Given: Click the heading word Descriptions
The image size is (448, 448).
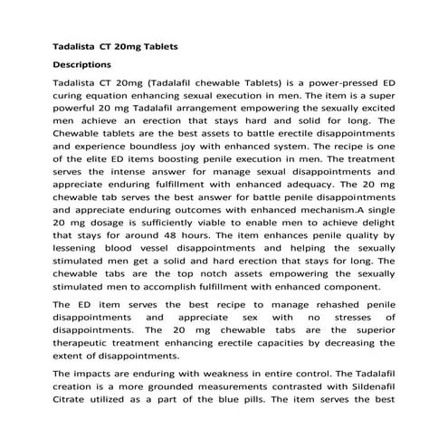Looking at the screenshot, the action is [82, 65].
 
